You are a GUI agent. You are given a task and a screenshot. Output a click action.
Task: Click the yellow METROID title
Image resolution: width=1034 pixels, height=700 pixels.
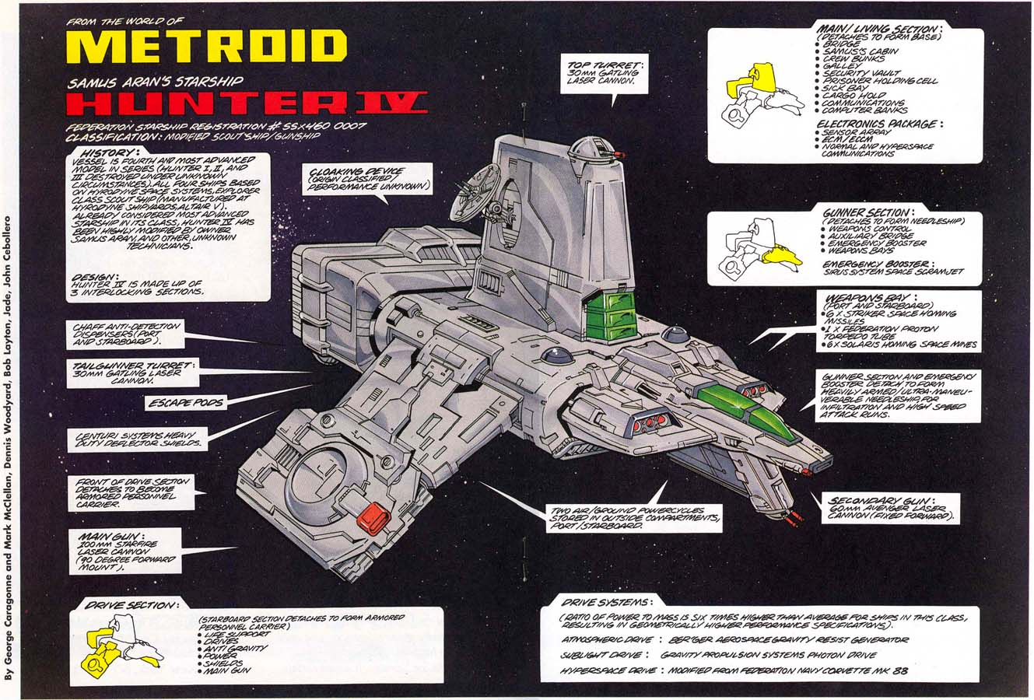pyautogui.click(x=206, y=47)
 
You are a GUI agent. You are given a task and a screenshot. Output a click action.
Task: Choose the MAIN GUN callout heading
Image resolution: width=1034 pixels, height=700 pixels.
pyautogui.click(x=105, y=537)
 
